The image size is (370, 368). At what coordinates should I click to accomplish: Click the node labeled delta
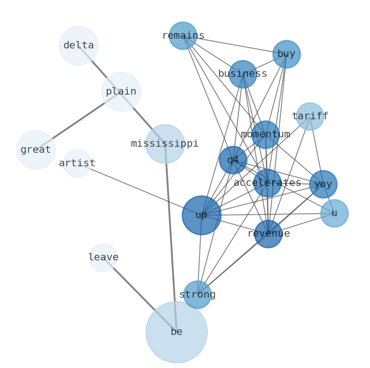78,46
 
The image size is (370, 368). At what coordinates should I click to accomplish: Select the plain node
121,92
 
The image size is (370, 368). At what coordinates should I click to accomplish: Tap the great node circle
36,150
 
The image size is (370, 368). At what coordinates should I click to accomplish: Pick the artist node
77,163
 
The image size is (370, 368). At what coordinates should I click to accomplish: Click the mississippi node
165,144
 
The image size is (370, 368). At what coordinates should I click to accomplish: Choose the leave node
103,258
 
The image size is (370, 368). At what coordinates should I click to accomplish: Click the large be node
177,332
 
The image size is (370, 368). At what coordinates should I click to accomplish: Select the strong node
198,295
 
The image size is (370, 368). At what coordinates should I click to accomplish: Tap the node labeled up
201,215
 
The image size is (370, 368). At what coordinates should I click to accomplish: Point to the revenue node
268,234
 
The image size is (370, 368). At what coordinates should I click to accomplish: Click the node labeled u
334,213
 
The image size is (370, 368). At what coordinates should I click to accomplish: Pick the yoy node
323,184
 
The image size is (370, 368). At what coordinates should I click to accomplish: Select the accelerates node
267,183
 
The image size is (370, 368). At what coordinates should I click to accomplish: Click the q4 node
233,160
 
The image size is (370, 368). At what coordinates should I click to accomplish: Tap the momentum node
266,135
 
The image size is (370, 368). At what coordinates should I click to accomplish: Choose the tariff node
310,116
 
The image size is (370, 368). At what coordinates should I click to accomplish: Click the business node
243,74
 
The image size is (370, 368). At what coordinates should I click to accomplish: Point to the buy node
287,54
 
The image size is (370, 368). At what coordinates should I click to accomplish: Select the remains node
183,36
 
